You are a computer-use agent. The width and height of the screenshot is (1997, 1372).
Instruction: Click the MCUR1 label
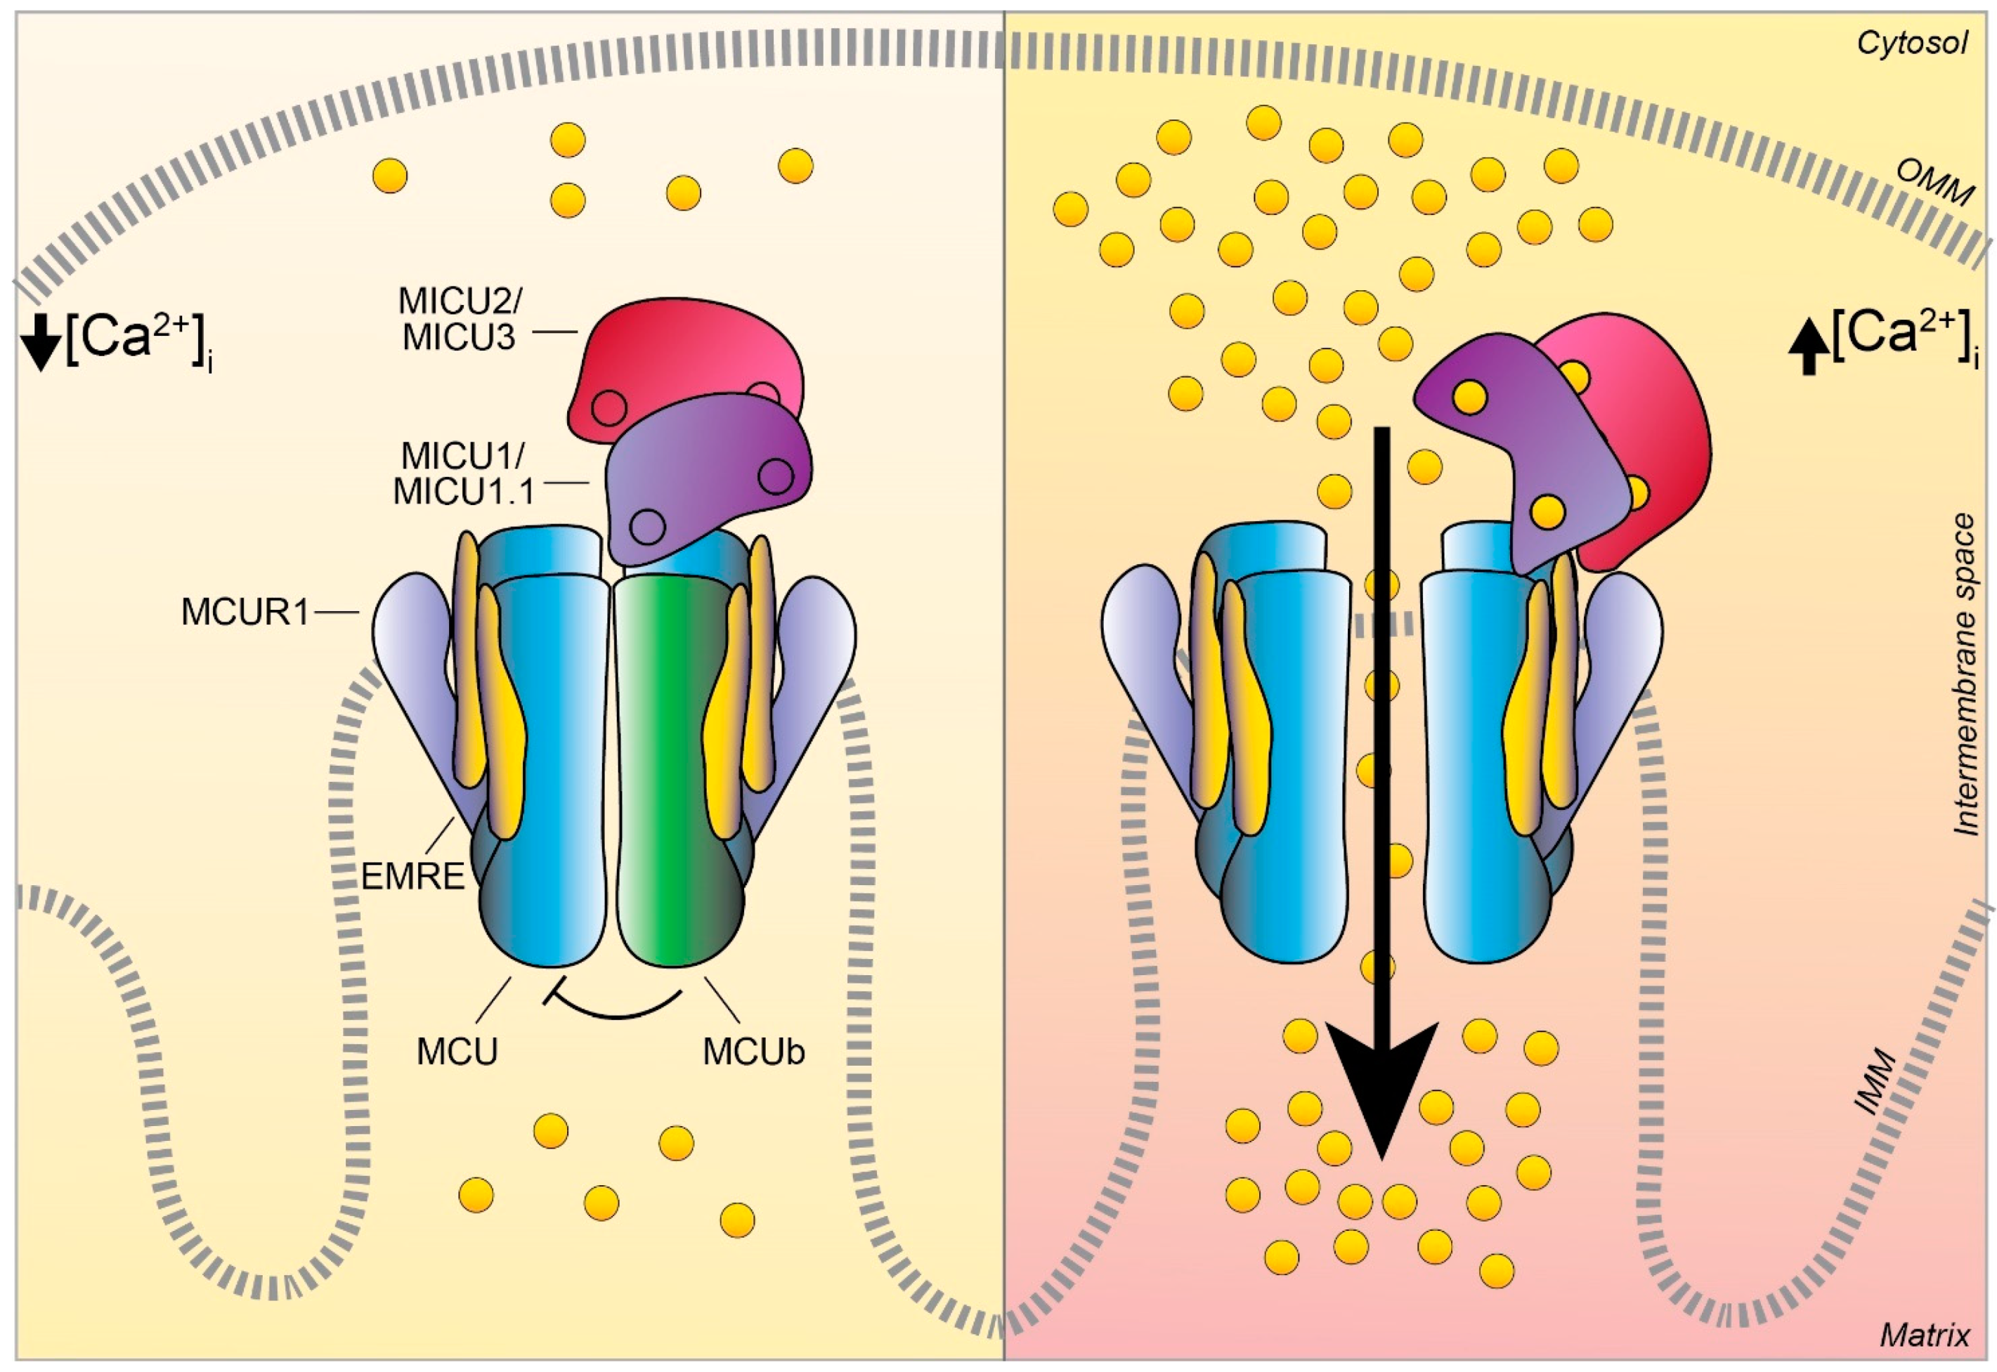point(244,613)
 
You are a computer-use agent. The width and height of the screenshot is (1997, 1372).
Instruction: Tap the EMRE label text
point(412,876)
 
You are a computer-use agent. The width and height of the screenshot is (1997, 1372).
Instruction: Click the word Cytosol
point(1911,43)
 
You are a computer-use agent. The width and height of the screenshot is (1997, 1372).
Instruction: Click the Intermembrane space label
point(1965,675)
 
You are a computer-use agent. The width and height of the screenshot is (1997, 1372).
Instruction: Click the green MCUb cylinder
point(679,773)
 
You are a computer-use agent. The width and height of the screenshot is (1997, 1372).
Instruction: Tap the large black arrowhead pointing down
point(1381,1083)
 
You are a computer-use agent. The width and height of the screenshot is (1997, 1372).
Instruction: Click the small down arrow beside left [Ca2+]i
point(41,342)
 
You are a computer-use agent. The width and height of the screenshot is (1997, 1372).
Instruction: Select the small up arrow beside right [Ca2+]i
point(1809,346)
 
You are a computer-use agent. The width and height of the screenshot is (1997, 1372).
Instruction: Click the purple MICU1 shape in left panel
point(705,481)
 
